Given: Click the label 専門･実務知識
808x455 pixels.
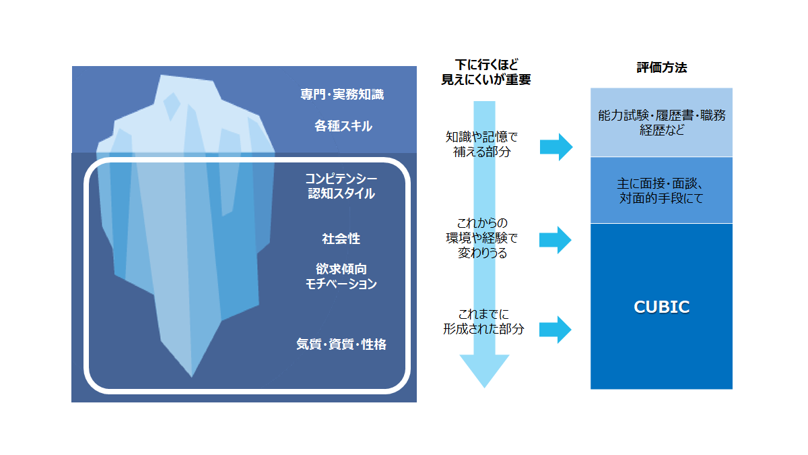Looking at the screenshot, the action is [x=342, y=94].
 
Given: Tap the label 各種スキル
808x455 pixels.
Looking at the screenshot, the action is [x=343, y=126].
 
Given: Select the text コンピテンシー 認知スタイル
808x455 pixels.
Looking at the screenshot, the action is [x=341, y=186].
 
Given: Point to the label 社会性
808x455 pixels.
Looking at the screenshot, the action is [x=341, y=239].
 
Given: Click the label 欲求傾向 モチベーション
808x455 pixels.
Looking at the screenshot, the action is [x=341, y=276].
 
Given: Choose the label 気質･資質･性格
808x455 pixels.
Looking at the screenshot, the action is [x=341, y=344].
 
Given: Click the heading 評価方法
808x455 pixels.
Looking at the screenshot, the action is [x=661, y=67].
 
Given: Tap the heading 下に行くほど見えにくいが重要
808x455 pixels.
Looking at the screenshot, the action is [x=486, y=72].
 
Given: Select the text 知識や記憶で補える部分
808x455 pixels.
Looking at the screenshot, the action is [x=481, y=144].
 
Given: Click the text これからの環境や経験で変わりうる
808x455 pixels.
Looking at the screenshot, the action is [x=482, y=237].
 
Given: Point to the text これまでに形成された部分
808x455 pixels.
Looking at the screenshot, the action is [x=483, y=322].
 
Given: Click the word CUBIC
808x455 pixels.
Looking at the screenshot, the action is [x=661, y=307].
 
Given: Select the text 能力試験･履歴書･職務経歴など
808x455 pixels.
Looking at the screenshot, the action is [x=661, y=123].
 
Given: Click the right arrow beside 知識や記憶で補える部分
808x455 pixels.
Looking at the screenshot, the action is [x=556, y=147].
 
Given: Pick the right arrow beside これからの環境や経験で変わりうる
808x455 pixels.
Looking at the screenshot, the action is [x=555, y=240].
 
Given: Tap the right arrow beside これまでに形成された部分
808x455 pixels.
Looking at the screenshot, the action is [x=555, y=330].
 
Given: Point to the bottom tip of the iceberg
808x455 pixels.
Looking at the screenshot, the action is [x=191, y=377].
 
